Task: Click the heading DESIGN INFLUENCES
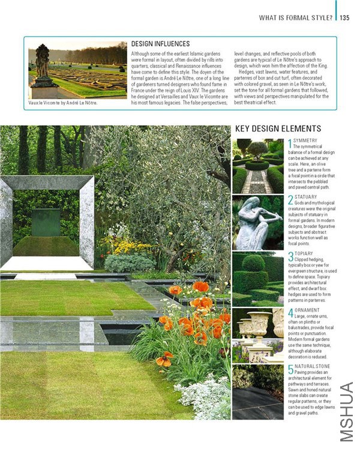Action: pyautogui.click(x=160, y=44)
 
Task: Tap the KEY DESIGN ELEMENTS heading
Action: pyautogui.click(x=278, y=129)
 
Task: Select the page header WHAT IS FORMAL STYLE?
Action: pyautogui.click(x=296, y=17)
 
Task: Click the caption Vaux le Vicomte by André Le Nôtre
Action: pyautogui.click(x=62, y=103)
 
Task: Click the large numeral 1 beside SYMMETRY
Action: pyautogui.click(x=289, y=144)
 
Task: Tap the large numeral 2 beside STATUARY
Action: pyautogui.click(x=290, y=201)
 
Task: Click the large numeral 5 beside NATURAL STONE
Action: pyautogui.click(x=290, y=370)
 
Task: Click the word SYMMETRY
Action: pyautogui.click(x=305, y=141)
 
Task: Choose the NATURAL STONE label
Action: pyautogui.click(x=313, y=366)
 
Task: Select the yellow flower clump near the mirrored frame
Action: pyautogui.click(x=127, y=246)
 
